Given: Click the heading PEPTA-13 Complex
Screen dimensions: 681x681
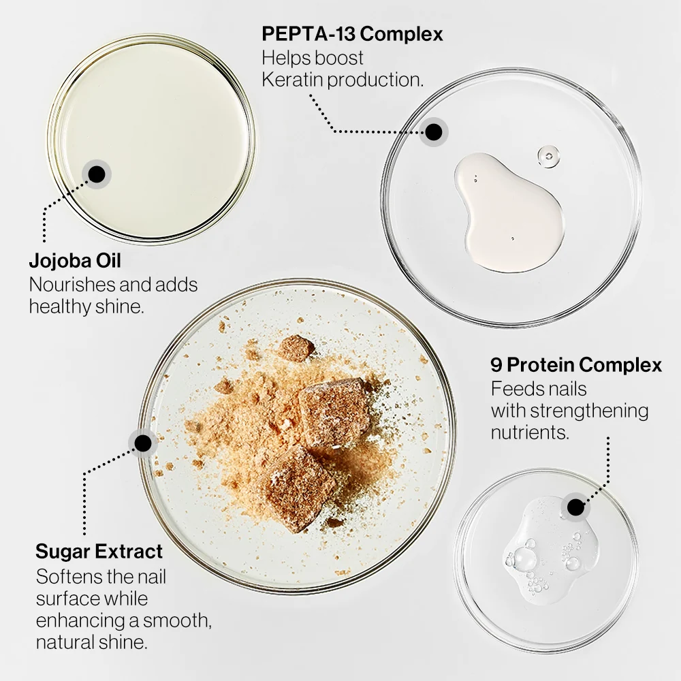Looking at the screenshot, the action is pos(352,34).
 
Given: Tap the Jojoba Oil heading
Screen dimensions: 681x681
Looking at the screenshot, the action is pos(75,261).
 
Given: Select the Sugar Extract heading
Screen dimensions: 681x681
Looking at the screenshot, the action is pos(99,551).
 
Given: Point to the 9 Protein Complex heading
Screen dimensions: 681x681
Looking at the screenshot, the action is pos(576,365).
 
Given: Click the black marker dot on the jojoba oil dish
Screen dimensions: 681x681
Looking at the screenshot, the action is pos(97,174).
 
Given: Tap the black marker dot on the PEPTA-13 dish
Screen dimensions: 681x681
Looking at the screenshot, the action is pos(433,132).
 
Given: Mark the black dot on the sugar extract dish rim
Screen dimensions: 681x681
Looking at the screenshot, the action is pos(143,443).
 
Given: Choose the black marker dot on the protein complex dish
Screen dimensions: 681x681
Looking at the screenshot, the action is pos(576,507).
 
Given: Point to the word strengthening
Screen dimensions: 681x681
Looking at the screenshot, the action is pos(589,411).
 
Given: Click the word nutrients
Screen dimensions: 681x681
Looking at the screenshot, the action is pos(530,432).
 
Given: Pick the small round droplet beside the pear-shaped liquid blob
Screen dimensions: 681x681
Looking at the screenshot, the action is pos(548,157).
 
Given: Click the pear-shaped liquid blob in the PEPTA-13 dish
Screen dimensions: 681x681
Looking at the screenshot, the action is pos(509,212).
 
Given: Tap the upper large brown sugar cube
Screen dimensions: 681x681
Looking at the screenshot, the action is pos(334,413).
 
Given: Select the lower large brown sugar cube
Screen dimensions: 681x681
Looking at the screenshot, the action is pos(298,488).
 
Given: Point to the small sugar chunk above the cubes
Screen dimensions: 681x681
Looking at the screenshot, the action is pos(296,348).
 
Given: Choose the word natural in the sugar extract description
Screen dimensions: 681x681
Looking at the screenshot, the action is pos(64,642).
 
